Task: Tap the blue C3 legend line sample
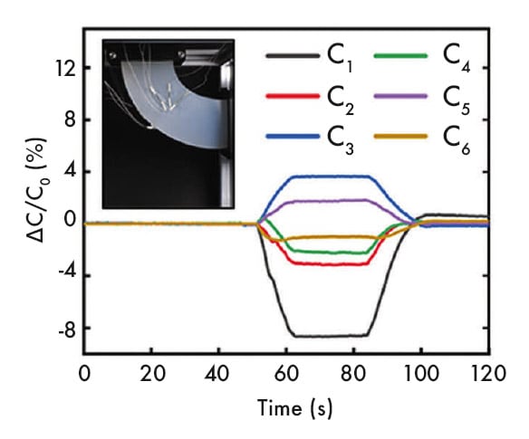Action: (x=293, y=137)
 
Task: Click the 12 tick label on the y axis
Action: (x=63, y=68)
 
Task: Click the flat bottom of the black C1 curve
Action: (x=326, y=336)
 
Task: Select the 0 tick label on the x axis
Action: (x=84, y=373)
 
